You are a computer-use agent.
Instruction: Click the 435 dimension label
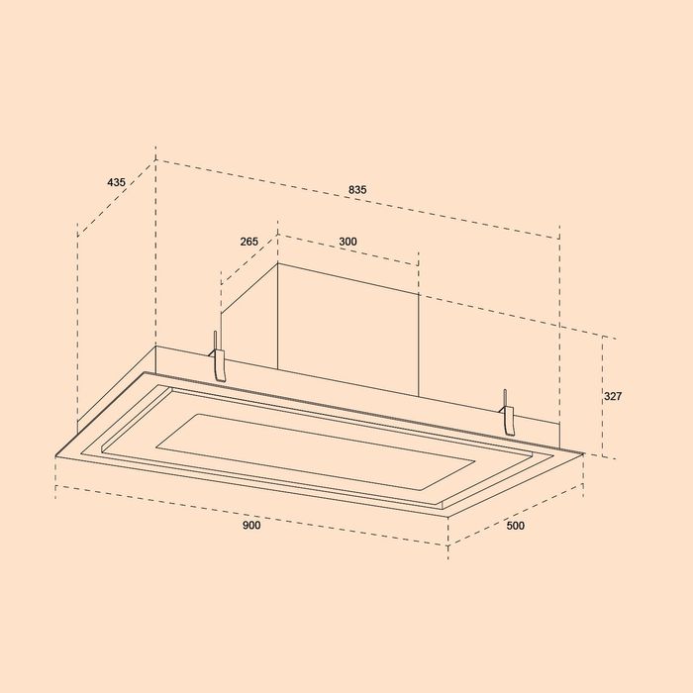(116, 182)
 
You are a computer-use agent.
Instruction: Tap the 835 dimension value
(357, 190)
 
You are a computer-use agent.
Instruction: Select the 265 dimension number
(248, 242)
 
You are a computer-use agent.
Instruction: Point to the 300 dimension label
(347, 242)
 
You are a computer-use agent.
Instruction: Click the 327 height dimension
(613, 396)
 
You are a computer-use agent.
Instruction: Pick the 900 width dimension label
(251, 525)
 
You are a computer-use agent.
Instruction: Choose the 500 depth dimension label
(516, 526)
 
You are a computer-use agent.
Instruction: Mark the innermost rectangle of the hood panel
(316, 450)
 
